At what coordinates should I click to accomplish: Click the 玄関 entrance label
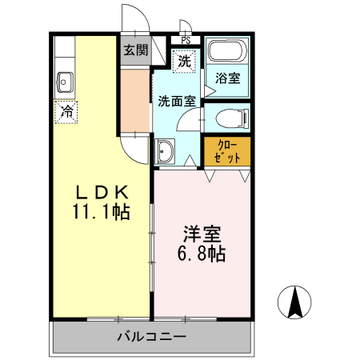coord(136,50)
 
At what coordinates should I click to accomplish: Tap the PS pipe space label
coord(185,40)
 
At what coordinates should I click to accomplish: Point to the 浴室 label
coord(227,78)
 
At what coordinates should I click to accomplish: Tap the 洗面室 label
coord(176,102)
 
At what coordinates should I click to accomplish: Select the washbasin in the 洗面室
coord(166,151)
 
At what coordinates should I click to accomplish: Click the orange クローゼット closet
coord(226,151)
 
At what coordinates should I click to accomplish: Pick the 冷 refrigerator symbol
coord(66,111)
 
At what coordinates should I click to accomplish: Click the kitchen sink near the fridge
coord(66,81)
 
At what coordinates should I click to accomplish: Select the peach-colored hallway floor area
coord(135,102)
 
